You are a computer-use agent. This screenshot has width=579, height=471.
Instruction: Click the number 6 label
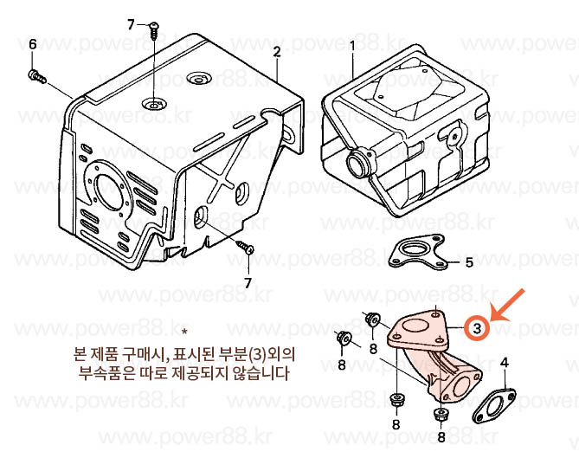pos(33,45)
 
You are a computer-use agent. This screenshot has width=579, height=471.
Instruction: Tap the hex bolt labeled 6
pos(37,76)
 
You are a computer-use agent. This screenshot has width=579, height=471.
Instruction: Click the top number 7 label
pos(131,25)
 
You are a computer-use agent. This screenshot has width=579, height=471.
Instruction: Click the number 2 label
pos(277,51)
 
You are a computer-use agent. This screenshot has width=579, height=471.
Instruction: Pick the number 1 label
pos(352,47)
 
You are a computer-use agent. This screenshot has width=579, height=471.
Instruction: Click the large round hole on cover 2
pos(109,192)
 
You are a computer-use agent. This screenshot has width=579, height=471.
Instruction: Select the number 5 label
pos(469,262)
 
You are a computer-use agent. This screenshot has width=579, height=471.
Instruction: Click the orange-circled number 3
pos(477,327)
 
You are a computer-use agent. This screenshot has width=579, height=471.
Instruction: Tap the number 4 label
pos(505,363)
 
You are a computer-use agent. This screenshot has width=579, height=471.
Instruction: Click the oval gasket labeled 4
pos(493,405)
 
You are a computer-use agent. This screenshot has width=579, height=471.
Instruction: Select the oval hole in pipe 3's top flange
pos(415,326)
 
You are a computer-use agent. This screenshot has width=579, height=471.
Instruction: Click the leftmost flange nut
pos(343,338)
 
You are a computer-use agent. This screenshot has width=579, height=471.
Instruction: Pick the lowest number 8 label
pos(441,437)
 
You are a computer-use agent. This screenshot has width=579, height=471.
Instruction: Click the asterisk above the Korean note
pos(184,330)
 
